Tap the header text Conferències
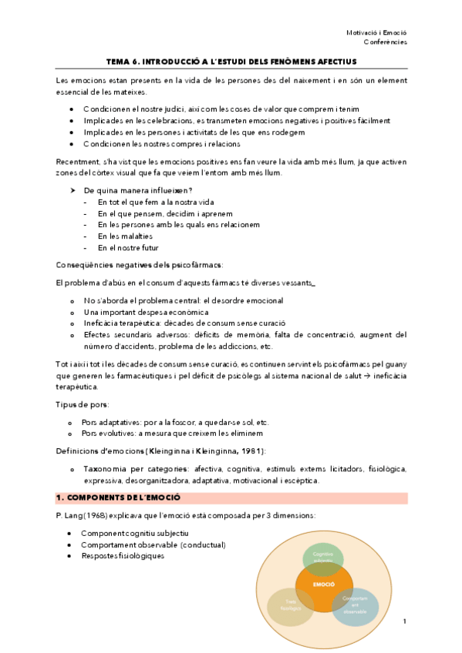(386, 42)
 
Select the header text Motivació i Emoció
(376, 32)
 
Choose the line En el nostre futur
(130, 248)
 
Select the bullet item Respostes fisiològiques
(123, 556)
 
